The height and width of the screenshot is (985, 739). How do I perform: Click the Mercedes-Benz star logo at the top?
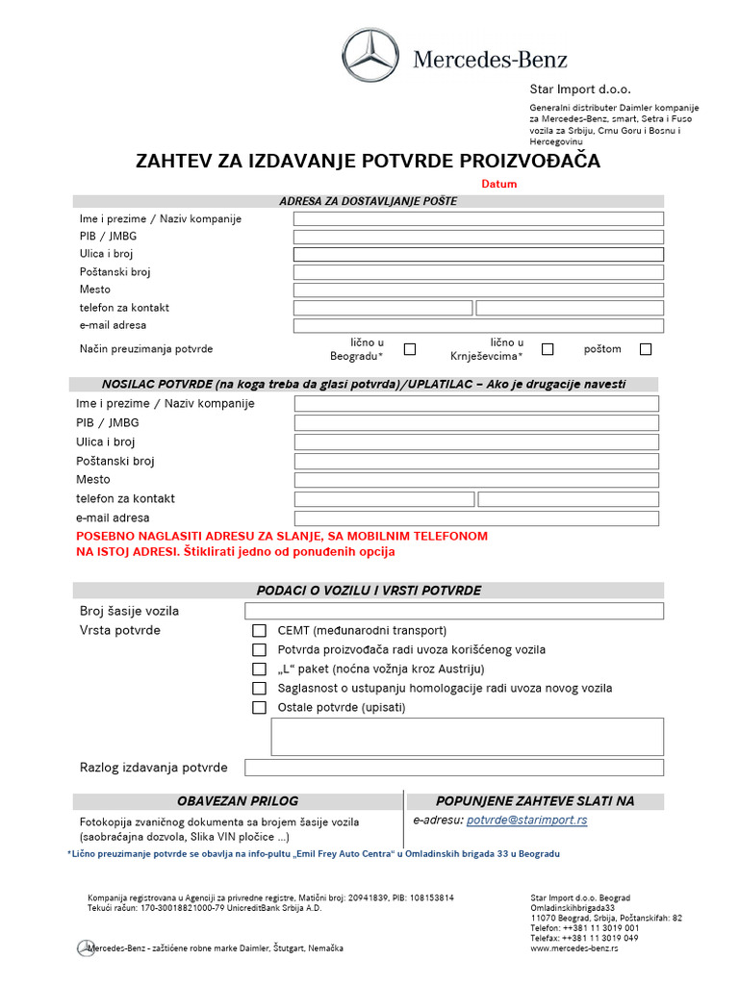(369, 55)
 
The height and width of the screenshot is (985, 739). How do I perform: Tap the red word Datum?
(499, 184)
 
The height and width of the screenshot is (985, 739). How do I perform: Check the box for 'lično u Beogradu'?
(410, 349)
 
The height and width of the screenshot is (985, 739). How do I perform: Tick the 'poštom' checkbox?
(646, 349)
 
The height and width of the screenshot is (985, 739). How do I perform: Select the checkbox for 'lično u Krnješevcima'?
(548, 349)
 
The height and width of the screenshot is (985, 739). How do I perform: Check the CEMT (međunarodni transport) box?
(259, 631)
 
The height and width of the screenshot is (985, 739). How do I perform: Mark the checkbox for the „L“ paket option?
(259, 669)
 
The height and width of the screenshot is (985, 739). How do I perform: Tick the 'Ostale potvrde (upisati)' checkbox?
(259, 708)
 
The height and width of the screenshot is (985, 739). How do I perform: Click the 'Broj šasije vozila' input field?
(454, 611)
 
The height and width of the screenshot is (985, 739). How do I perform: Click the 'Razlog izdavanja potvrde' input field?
(454, 768)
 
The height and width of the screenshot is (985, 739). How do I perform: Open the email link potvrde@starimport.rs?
(526, 821)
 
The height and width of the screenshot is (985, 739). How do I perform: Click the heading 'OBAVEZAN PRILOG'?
(238, 801)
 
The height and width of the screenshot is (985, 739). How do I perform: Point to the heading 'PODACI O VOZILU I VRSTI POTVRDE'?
(369, 591)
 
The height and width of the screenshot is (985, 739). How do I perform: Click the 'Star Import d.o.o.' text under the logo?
(580, 89)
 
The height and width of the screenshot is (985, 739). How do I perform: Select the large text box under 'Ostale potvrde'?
(468, 737)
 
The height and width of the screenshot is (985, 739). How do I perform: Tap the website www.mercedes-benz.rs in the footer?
(574, 947)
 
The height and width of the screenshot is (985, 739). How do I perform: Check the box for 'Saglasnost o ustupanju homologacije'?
(259, 689)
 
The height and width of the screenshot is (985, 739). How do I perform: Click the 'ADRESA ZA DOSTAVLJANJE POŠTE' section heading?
(369, 201)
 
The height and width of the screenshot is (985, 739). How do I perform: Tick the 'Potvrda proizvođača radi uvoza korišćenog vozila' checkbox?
(259, 650)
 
